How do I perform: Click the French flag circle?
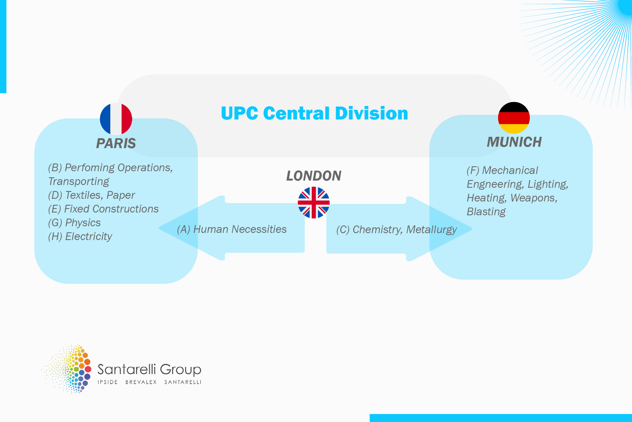point(116,119)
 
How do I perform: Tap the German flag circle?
point(514,118)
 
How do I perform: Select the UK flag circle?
point(314,203)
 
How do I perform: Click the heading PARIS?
point(116,143)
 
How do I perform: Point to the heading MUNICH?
point(514,142)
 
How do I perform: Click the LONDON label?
point(314,176)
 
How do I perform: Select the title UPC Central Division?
point(314,113)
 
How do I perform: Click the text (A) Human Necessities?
point(232,229)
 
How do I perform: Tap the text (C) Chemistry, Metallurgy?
point(397,230)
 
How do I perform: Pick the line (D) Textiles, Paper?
point(92,195)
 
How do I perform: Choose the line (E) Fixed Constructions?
point(103,209)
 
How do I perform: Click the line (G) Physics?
point(74,223)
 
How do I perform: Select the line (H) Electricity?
point(80,236)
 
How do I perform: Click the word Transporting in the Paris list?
point(79,182)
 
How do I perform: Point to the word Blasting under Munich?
point(486,212)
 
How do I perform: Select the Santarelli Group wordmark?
point(149,370)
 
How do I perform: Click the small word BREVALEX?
point(141,382)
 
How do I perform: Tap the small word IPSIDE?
point(108,382)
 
